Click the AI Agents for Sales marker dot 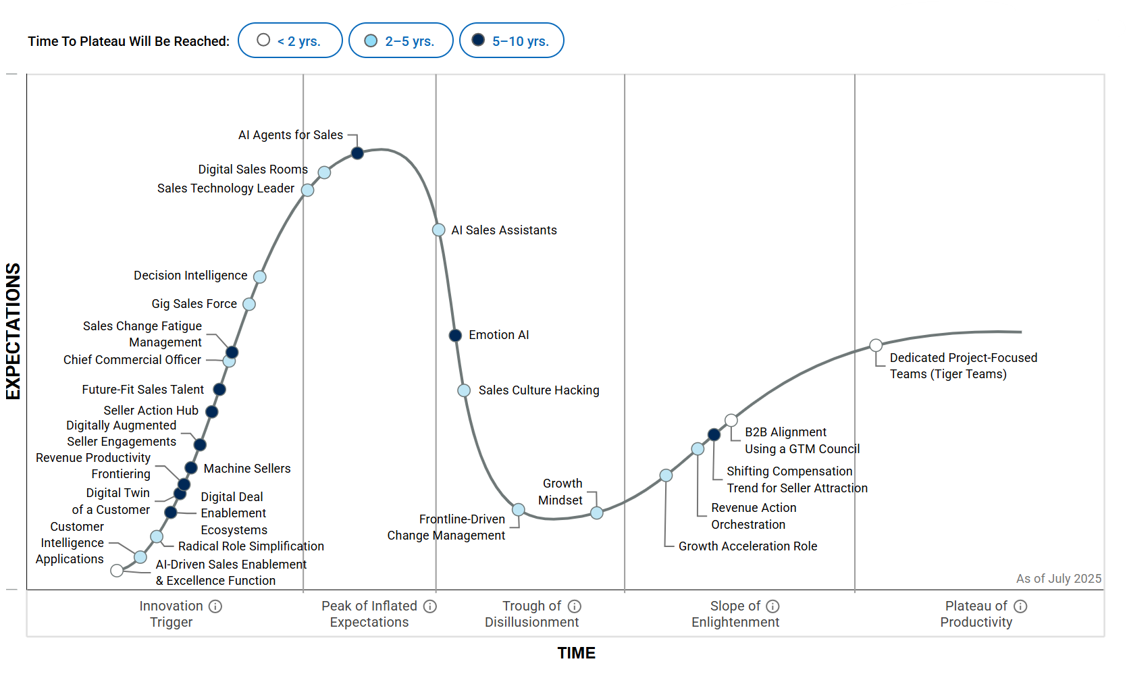pos(357,153)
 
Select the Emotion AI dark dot pos(455,336)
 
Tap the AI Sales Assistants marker pos(438,230)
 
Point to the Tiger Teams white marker pos(876,346)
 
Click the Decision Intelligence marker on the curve pos(259,277)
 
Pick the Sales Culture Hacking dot pos(464,390)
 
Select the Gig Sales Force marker pos(249,305)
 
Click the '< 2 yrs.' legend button pos(290,41)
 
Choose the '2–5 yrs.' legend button pos(400,41)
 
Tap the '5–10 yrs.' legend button pos(511,41)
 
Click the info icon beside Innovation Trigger pos(215,606)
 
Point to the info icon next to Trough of pos(575,606)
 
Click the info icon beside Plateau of pos(1020,606)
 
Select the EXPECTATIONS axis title pos(14,331)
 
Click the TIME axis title pos(576,653)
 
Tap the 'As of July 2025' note pos(1058,579)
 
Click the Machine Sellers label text pos(247,469)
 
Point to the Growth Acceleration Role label pos(748,546)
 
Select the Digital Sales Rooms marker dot pos(324,172)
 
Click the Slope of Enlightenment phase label pos(735,615)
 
